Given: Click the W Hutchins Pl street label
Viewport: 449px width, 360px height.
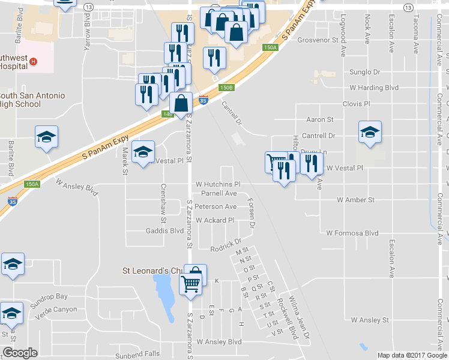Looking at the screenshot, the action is (x=217, y=184).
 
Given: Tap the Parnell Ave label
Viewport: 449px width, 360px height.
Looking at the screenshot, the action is (x=219, y=193).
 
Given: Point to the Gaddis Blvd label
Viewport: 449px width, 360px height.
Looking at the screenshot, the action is (x=164, y=231).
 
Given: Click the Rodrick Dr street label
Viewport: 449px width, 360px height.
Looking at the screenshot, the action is (x=225, y=248).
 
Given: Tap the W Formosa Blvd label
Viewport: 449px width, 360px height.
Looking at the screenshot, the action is (x=352, y=233).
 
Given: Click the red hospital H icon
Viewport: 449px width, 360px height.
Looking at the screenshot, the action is (x=34, y=61).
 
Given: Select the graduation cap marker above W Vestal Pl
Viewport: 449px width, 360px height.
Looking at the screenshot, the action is (x=370, y=133).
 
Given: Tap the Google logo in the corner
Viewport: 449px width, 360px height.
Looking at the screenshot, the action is (x=20, y=353).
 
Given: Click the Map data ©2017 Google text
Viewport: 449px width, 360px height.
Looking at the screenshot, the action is (x=412, y=355).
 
